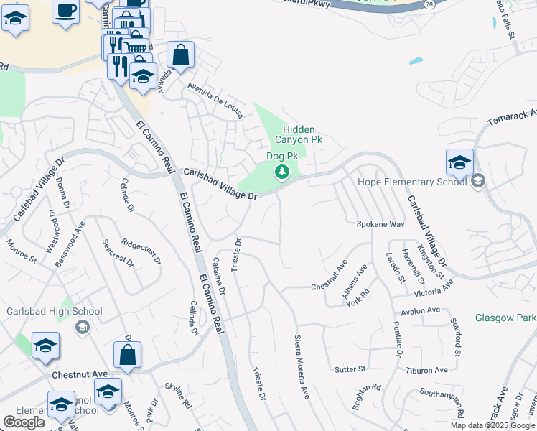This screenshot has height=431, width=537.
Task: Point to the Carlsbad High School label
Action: (x=55, y=312)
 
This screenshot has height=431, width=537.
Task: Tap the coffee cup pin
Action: (x=66, y=11)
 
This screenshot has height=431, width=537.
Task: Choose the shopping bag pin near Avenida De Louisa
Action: (x=181, y=55)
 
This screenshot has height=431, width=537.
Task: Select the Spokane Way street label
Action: (x=380, y=224)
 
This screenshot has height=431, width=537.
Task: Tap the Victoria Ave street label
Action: (x=434, y=286)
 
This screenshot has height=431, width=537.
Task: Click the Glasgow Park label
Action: (x=505, y=318)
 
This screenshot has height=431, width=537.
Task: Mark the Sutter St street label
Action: (x=350, y=369)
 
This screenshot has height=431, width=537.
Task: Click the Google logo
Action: (x=24, y=422)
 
